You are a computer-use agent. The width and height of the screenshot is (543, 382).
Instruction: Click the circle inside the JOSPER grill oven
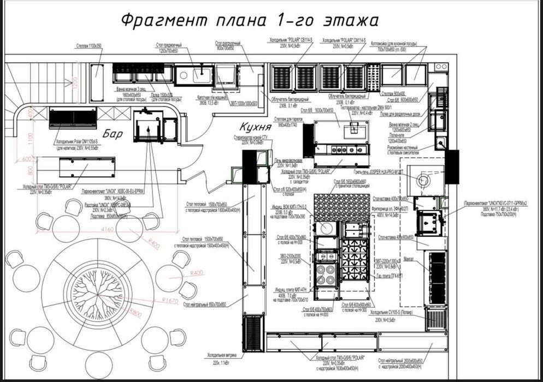click(424, 180)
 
